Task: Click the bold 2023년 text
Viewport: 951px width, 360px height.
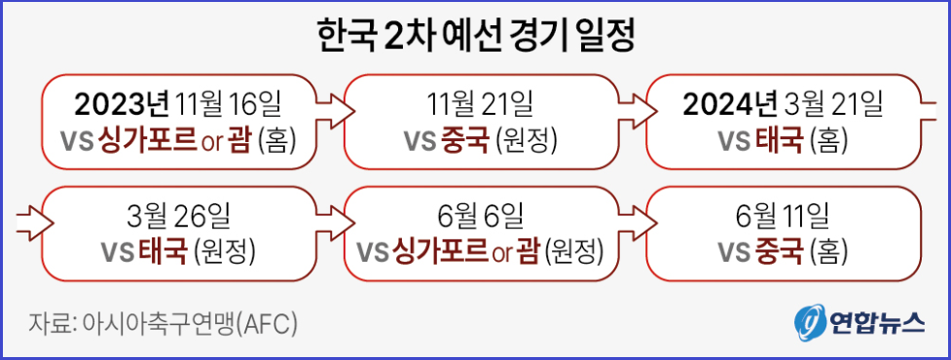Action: coord(123,102)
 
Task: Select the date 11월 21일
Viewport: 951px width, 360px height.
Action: coord(481,102)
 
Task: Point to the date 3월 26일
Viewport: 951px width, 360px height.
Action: coord(178,214)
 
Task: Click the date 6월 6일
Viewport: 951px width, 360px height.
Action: coord(481,214)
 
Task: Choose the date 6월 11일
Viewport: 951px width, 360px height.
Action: coord(784,214)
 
